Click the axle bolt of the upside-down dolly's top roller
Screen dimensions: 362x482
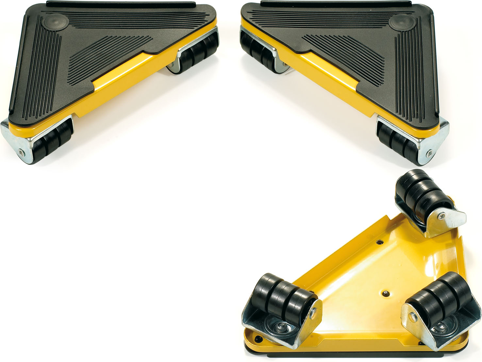442,215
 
